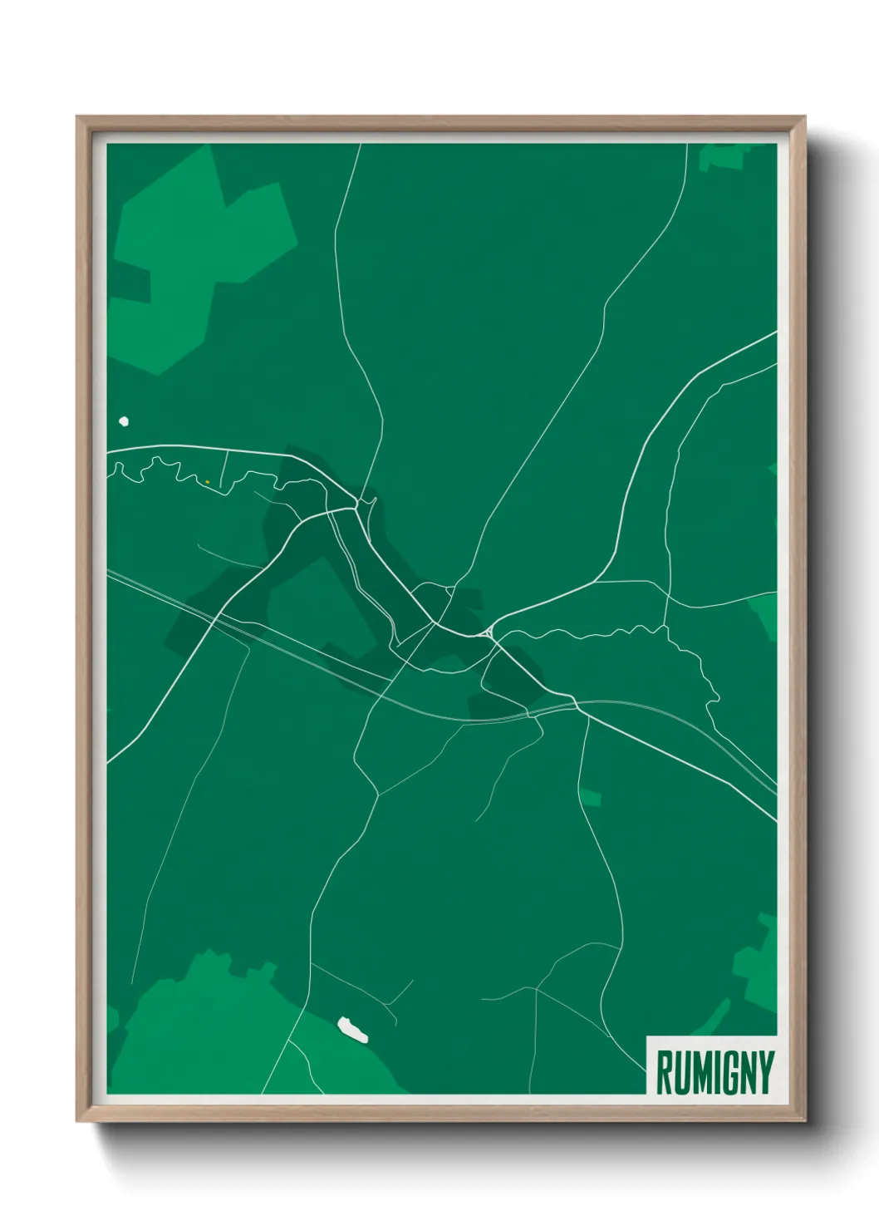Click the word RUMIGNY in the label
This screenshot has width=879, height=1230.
(714, 1072)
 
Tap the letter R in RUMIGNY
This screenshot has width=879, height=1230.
(665, 1072)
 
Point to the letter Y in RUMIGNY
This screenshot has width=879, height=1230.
(765, 1072)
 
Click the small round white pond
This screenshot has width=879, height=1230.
(125, 421)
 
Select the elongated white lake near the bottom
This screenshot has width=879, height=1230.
(352, 1030)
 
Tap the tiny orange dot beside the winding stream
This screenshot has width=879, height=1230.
(207, 482)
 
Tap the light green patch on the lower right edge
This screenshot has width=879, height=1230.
(758, 964)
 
